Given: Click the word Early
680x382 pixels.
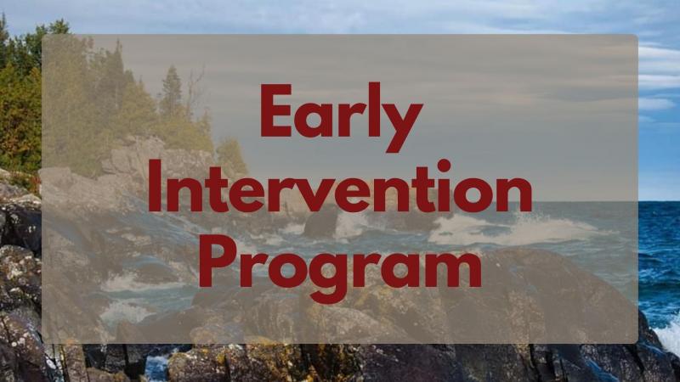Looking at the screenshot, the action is tap(341, 117).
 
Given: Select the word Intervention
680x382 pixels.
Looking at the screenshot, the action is tap(340, 186).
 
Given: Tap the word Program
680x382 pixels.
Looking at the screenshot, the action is tap(341, 268).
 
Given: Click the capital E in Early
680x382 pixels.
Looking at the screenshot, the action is tap(276, 110).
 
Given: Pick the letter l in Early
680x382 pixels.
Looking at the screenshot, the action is tap(375, 110).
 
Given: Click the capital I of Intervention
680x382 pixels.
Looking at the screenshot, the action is tap(155, 186).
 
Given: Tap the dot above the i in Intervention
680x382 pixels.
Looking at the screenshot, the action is tap(444, 166).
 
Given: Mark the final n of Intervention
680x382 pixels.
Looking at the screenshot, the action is tap(516, 194).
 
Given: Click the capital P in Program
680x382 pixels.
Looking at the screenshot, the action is tap(218, 261).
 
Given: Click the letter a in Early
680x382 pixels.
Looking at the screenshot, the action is tap(313, 120).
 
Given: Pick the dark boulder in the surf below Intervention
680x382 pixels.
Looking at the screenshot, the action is tap(322, 222).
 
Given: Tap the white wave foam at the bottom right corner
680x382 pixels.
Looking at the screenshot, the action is tap(669, 334).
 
